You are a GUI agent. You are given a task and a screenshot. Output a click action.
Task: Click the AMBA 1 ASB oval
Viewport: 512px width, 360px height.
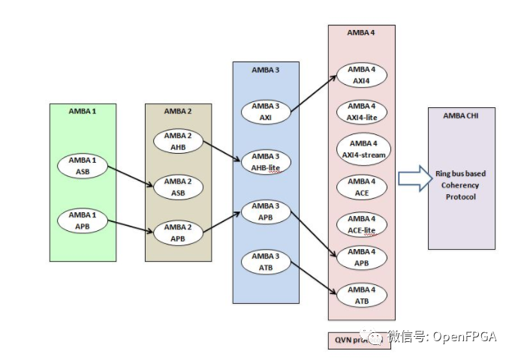coord(83,166)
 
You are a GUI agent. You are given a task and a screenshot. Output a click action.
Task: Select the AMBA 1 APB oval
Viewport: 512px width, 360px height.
coord(83,220)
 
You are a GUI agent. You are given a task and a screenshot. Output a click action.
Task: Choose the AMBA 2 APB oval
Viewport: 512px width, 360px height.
coord(179,232)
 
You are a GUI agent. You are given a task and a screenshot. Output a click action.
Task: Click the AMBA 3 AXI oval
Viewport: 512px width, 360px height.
coord(266,112)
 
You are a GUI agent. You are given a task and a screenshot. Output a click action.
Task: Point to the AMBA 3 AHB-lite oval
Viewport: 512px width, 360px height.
coord(266,161)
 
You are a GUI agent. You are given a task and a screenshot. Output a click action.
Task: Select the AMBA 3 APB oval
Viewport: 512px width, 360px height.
coord(266,211)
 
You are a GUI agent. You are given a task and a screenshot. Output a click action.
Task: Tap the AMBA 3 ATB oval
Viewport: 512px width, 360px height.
coord(266,262)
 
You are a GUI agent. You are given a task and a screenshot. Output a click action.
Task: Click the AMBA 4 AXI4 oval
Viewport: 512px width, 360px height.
coord(362,75)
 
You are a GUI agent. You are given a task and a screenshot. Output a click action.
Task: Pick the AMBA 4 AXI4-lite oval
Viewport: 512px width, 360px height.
coord(362,111)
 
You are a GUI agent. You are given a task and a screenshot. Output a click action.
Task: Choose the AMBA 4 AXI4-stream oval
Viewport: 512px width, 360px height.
coord(362,148)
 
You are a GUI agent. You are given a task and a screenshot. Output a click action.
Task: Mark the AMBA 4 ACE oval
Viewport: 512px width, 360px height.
coord(362,186)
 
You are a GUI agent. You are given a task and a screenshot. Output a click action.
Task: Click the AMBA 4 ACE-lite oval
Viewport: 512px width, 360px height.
coord(362,223)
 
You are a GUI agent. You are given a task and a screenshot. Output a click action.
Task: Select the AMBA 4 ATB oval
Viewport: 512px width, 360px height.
coord(362,295)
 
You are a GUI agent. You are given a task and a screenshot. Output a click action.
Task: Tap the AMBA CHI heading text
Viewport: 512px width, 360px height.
coord(461,115)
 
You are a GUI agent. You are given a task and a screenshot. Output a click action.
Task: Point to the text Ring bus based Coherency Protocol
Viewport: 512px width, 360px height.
coord(461,184)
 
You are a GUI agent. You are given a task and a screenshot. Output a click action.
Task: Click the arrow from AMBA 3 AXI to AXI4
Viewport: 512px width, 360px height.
coord(312,94)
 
